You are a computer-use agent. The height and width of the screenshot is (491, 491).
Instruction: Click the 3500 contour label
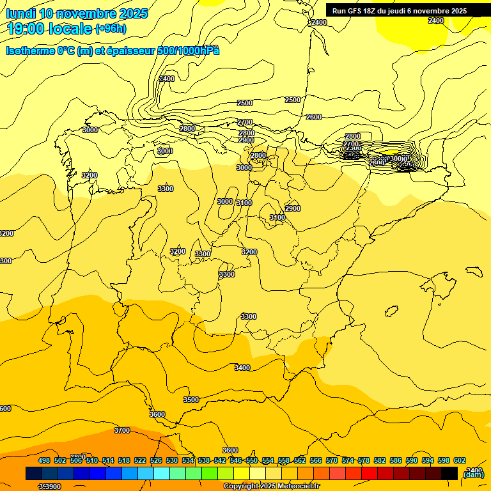click(191, 400)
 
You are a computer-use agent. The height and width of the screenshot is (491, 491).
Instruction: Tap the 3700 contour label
click(122, 430)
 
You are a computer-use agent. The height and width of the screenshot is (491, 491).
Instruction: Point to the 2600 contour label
click(314, 117)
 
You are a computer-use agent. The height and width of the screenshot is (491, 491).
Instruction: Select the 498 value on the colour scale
click(44, 460)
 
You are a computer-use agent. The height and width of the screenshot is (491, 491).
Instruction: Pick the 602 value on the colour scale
click(460, 460)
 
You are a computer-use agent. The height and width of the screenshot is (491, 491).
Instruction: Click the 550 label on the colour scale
click(252, 460)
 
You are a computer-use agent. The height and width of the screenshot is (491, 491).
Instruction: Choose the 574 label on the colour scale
click(348, 460)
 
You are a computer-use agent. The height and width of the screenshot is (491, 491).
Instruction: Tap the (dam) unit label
click(473, 474)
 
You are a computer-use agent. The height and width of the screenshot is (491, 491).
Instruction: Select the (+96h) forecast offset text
click(111, 28)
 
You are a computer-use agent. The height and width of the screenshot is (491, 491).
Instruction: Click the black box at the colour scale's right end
click(449, 473)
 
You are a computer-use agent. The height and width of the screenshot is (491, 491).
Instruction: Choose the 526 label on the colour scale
click(156, 460)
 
